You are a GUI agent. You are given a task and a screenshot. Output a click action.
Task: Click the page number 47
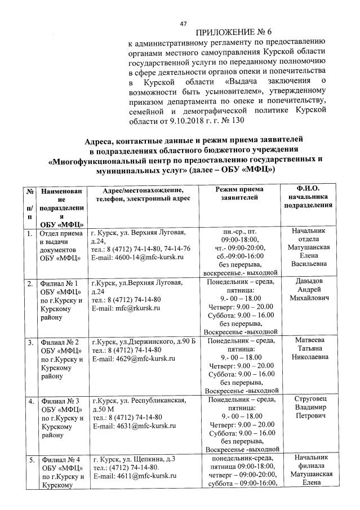click(183, 23)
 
